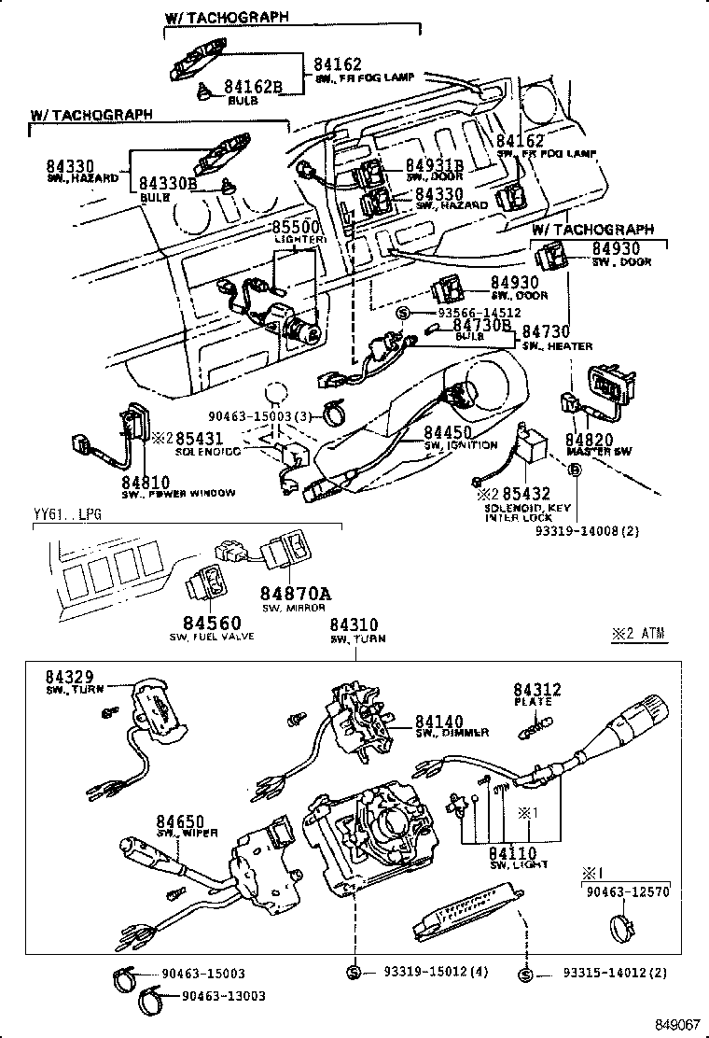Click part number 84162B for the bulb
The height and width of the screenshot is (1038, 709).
[253, 87]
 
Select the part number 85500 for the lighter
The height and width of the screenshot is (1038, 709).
[295, 227]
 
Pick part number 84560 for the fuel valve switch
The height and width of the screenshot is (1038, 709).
[212, 623]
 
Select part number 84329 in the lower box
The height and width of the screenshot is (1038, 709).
[71, 676]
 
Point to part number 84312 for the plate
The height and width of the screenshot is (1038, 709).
[538, 690]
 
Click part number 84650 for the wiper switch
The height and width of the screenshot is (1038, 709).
[180, 819]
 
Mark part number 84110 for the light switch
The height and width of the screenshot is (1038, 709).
[512, 852]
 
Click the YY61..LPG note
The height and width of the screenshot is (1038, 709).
[66, 514]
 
